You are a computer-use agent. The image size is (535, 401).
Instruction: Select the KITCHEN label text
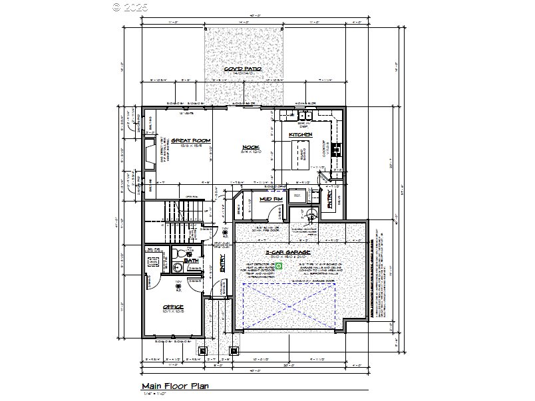300,135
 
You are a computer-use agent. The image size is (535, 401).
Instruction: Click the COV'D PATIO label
242,68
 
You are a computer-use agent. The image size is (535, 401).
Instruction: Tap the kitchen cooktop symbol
335,148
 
